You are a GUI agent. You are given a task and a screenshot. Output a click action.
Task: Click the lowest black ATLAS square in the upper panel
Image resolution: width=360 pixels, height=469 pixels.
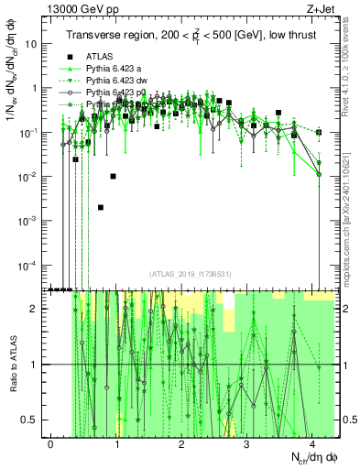coord(101,208)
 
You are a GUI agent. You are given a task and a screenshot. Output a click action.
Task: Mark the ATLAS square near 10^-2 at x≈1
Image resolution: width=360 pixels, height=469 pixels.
coord(114,176)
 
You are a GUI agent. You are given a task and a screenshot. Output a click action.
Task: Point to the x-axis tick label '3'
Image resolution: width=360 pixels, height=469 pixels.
coord(247,444)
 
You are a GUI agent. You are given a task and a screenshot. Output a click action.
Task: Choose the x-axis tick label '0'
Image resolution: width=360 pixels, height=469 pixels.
coord(50,444)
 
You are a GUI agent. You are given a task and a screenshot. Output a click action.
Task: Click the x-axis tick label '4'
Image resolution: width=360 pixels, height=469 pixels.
coord(312,444)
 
